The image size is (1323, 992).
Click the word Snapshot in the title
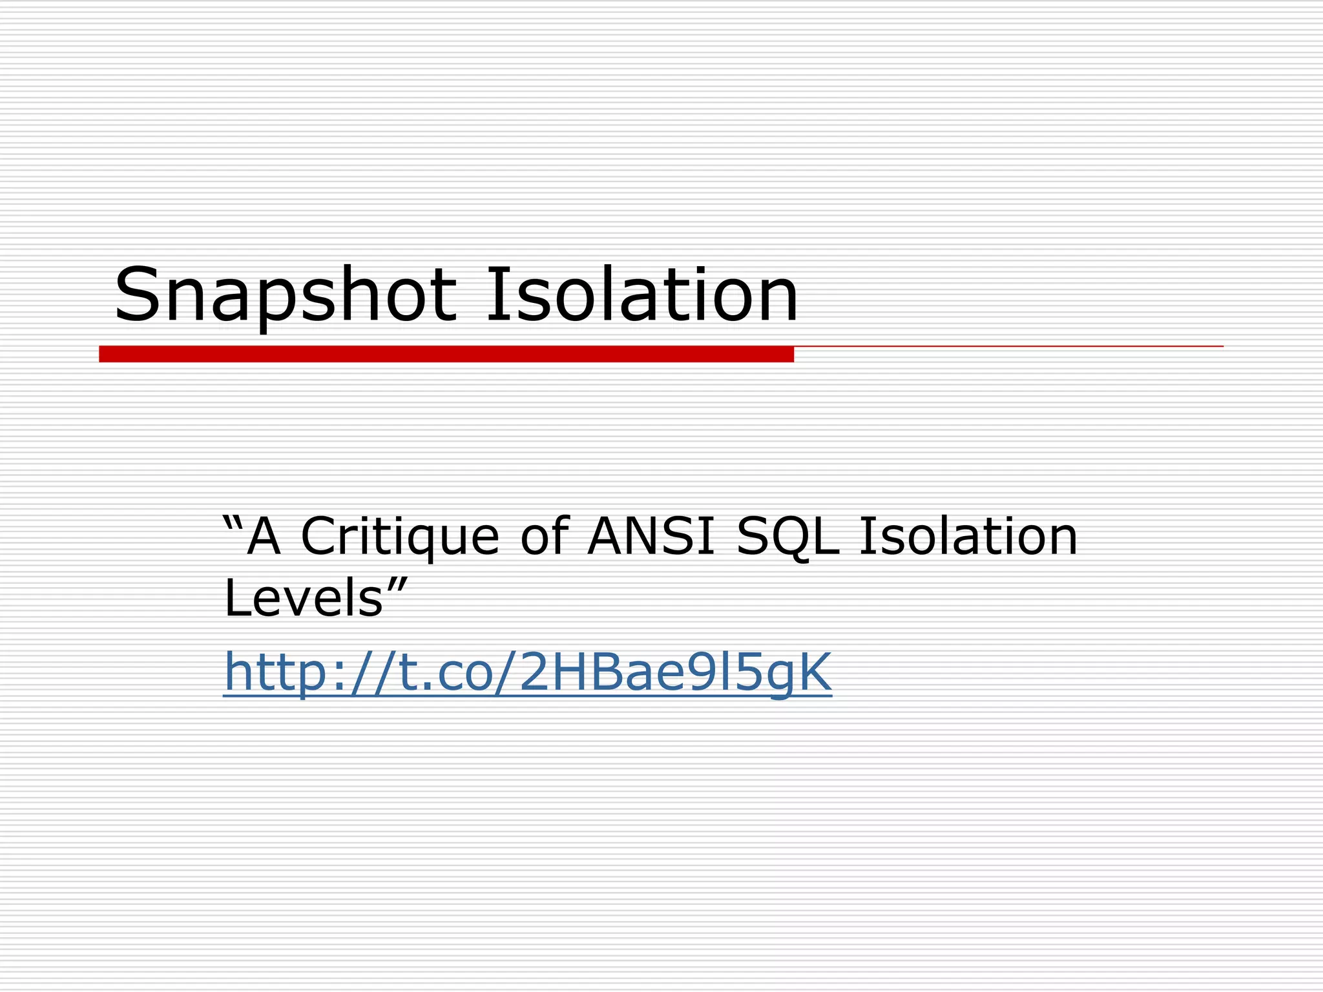tap(285, 295)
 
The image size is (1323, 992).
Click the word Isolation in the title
tap(641, 295)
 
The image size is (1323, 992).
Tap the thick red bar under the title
tap(446, 354)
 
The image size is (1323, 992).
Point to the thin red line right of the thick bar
tap(1008, 347)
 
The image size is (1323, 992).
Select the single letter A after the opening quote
tap(264, 536)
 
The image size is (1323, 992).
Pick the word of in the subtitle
tap(544, 536)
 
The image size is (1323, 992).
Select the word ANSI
tap(651, 536)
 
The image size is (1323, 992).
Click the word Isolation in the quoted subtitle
tap(968, 536)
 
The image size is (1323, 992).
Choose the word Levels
tap(304, 598)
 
